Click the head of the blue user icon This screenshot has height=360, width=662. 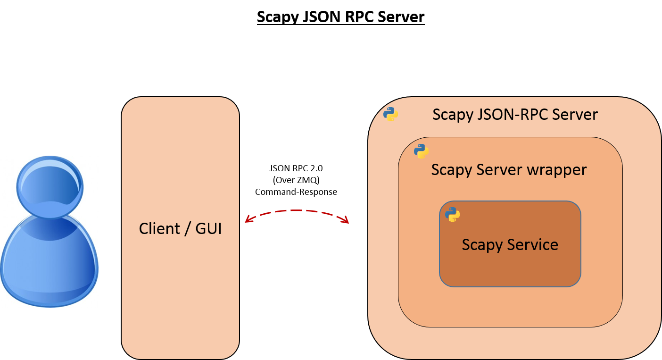[x=50, y=187]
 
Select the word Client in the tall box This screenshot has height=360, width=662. [x=159, y=229]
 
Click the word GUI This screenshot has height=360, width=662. [x=208, y=229]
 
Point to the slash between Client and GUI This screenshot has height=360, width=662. [x=188, y=229]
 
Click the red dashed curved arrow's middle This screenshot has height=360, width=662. [x=297, y=211]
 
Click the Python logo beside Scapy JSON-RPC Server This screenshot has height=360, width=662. [x=390, y=114]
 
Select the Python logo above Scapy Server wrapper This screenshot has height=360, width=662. [x=421, y=151]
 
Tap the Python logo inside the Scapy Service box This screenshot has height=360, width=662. [x=452, y=215]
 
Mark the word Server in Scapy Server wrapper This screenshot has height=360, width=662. [x=499, y=170]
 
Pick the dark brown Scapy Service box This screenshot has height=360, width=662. [x=510, y=269]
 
